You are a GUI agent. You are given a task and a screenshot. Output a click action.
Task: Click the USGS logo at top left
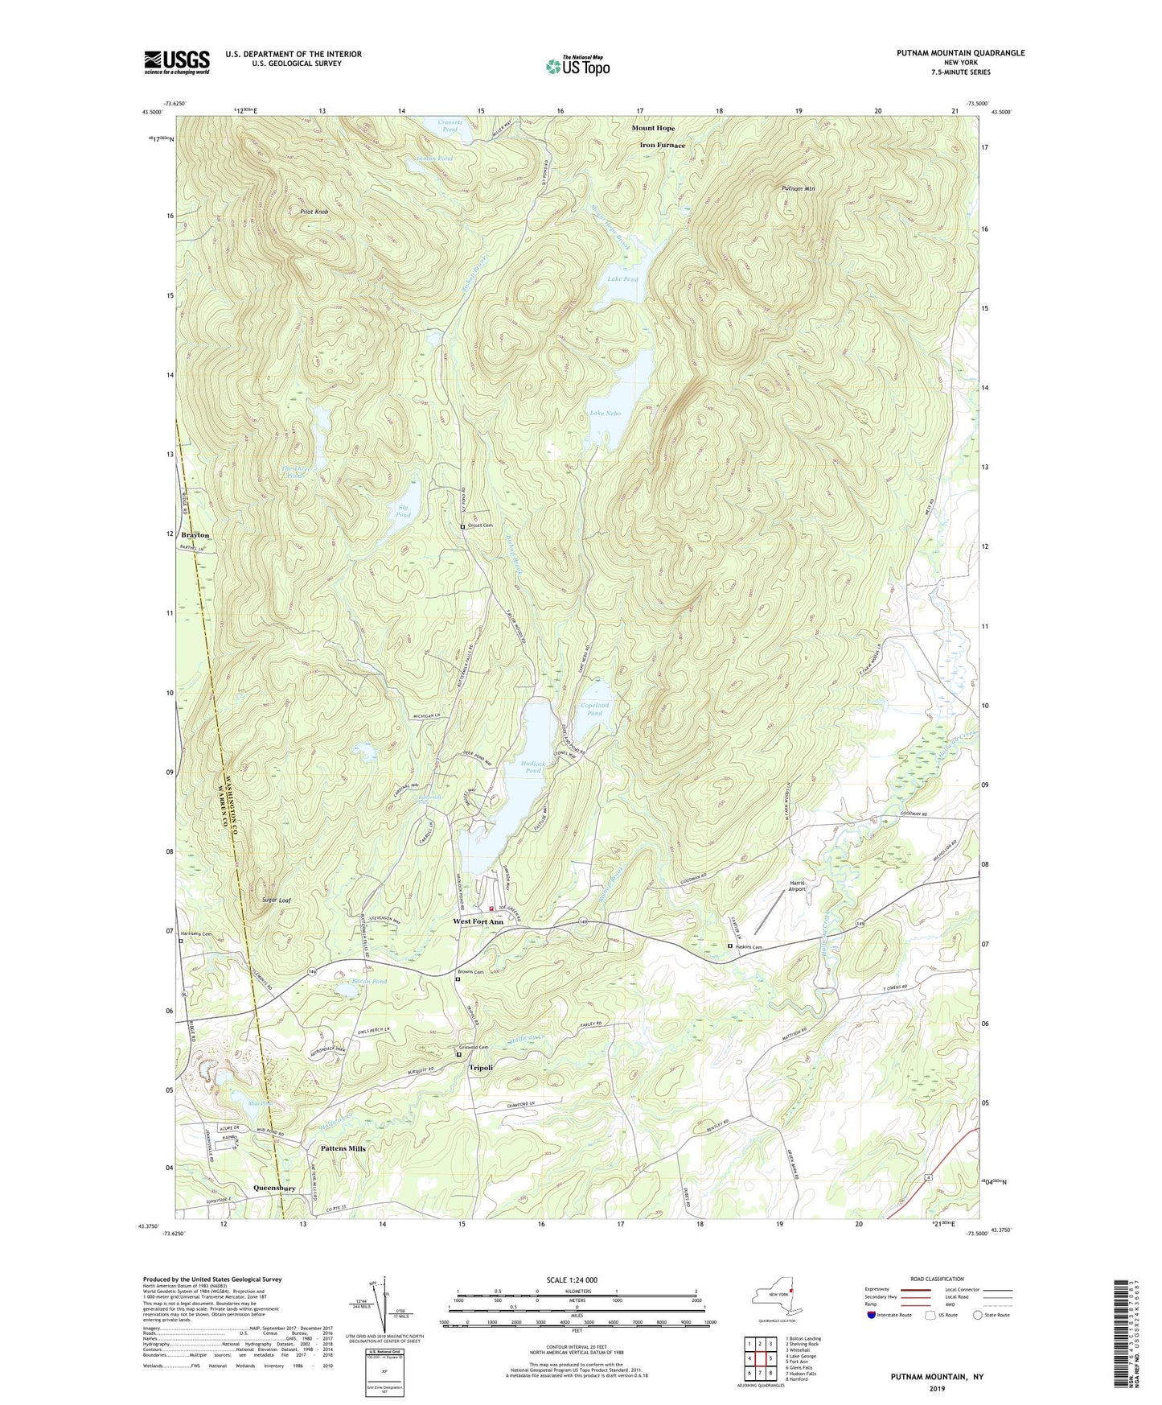[x=177, y=62]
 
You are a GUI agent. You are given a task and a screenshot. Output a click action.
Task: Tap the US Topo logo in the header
[x=577, y=66]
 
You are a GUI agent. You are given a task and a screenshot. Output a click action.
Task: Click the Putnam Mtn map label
[x=798, y=188]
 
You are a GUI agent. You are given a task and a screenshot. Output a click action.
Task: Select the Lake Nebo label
[x=605, y=413]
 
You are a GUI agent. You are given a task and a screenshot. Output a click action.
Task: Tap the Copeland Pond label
[x=594, y=709]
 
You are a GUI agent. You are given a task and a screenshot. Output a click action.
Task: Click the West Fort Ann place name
[x=478, y=921]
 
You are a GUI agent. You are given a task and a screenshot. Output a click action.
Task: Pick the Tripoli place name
[x=481, y=1067]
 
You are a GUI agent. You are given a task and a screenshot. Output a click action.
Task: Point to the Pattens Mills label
[x=343, y=1148]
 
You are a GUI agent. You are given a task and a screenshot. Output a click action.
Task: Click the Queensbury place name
[x=274, y=1188]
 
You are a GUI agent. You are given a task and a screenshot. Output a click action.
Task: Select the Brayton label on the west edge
[x=195, y=535]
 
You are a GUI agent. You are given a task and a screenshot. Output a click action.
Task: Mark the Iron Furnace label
[x=662, y=146]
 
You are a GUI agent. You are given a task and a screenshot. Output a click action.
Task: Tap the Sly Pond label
[x=404, y=511]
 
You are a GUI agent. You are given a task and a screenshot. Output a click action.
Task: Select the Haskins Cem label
[x=749, y=947]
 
